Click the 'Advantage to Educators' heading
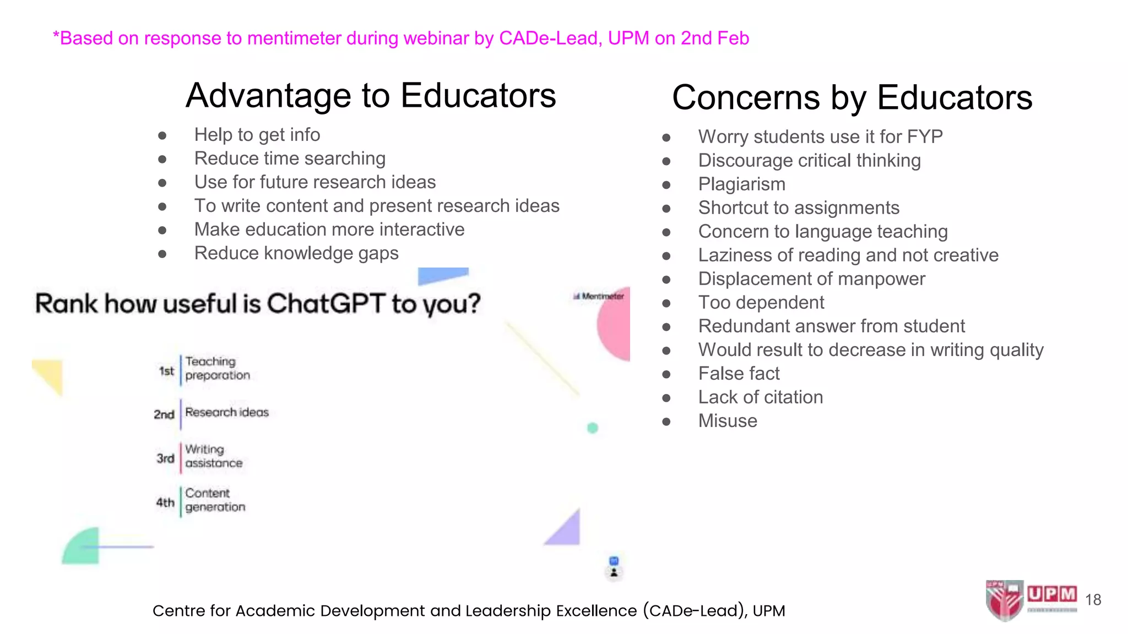click(371, 96)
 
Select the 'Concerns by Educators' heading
click(852, 98)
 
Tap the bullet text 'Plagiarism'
click(741, 184)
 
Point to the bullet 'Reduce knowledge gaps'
click(296, 253)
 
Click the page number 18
click(1093, 600)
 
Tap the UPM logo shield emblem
click(1004, 600)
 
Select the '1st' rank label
click(166, 371)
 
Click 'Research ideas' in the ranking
click(226, 412)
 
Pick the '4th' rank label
click(165, 502)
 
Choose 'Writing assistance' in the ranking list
click(214, 456)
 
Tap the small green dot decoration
click(593, 428)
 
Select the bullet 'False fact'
click(739, 374)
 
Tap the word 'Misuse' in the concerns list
click(728, 421)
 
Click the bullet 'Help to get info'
click(257, 135)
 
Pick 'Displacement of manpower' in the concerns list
click(811, 279)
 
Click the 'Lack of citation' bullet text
click(760, 397)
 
